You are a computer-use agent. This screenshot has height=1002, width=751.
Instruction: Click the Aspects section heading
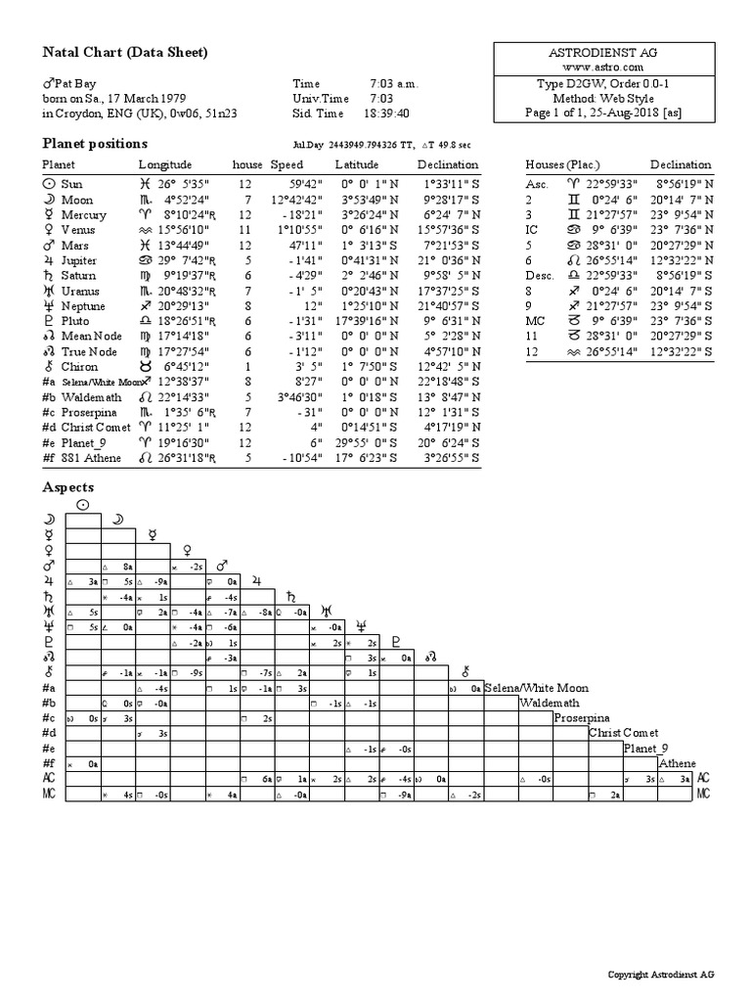pyautogui.click(x=68, y=486)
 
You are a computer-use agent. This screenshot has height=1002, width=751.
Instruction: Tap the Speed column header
pyautogui.click(x=287, y=164)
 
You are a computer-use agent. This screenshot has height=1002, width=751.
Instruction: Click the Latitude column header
pyautogui.click(x=357, y=164)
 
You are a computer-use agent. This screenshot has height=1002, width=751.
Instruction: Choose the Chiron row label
pyautogui.click(x=79, y=367)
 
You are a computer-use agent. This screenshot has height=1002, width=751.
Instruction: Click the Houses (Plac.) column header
pyautogui.click(x=562, y=164)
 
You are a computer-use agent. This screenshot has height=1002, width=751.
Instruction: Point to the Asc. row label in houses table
pyautogui.click(x=538, y=184)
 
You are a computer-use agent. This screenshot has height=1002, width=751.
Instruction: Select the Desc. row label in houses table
pyautogui.click(x=540, y=275)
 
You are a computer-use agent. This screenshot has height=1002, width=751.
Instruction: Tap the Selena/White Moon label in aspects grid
pyautogui.click(x=537, y=688)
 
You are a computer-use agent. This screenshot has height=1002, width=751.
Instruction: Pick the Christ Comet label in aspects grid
pyautogui.click(x=623, y=733)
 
